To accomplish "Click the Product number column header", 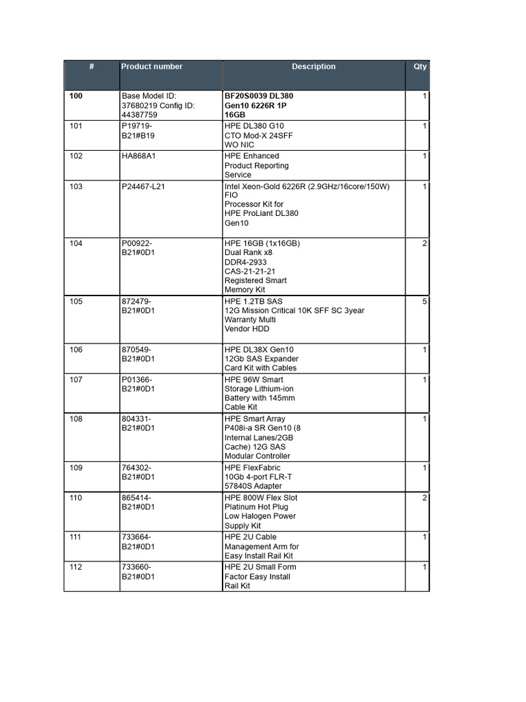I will coord(152,66).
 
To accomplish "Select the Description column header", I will coord(314,66).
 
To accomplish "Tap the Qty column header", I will coord(420,66).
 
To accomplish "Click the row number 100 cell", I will coord(76,96).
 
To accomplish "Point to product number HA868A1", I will coord(139,156).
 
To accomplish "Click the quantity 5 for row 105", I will coord(425,302).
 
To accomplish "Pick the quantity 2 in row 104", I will coord(425,244).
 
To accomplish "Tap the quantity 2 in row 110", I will coord(425,498).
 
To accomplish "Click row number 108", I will coord(76,419).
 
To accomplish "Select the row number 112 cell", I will coord(76,567).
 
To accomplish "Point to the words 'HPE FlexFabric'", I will coord(253,468).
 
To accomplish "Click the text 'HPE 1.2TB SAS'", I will coord(253,302).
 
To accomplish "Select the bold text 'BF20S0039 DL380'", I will coord(259,96).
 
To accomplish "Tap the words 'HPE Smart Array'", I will coord(255,419).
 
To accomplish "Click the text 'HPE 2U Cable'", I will coord(251,537).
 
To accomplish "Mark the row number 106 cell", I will coord(76,350).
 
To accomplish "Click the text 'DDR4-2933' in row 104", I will coord(246,263).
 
